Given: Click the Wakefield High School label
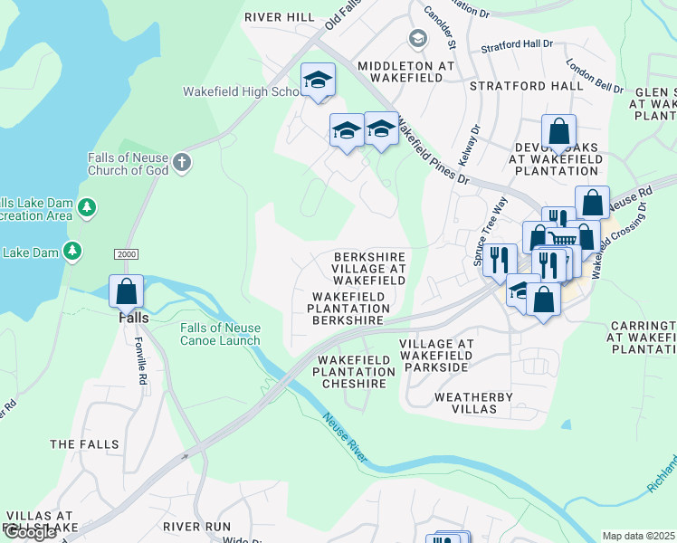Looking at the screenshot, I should [242, 91].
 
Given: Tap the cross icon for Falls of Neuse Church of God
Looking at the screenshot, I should [182, 162].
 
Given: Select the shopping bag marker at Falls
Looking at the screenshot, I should [126, 292].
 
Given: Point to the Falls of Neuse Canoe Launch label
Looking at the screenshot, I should [220, 334].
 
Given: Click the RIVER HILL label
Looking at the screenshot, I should [279, 17].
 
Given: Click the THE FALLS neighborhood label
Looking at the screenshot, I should [84, 444].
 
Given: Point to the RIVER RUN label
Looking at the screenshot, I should [197, 526].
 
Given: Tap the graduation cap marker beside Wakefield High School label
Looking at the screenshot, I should [318, 80].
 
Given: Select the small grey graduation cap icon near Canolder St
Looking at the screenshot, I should [417, 37].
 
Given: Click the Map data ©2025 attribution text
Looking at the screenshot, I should [639, 536].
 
